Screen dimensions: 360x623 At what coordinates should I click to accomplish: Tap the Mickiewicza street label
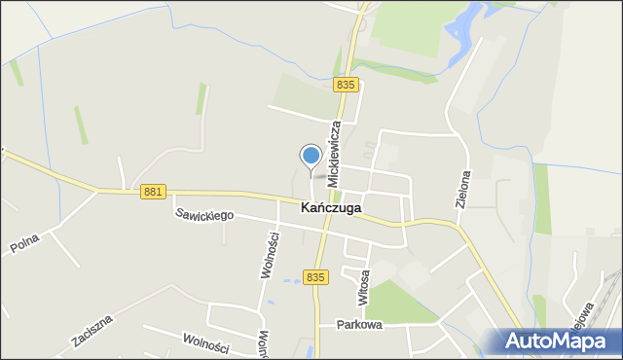[335, 154]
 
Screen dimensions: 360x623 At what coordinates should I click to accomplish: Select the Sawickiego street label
[204, 214]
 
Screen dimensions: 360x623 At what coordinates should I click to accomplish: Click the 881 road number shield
[153, 192]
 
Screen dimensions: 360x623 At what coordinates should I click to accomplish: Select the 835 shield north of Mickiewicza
[345, 86]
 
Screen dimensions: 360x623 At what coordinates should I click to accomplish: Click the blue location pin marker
[311, 156]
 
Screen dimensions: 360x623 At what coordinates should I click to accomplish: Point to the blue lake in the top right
[465, 29]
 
